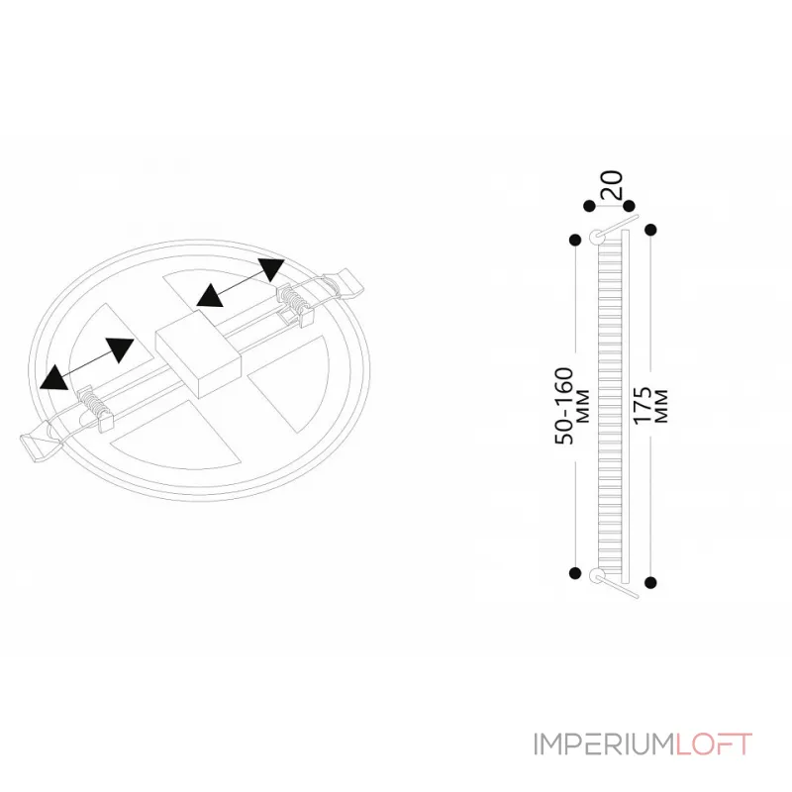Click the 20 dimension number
(612, 185)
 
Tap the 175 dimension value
(642, 406)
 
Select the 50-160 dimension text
(564, 406)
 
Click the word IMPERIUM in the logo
(604, 744)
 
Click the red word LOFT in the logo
(714, 744)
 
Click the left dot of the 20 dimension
(589, 206)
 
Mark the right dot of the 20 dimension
(629, 206)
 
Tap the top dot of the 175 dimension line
(651, 230)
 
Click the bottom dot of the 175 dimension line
(651, 582)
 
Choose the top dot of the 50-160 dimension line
(575, 240)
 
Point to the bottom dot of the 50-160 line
(575, 573)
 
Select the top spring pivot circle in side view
(597, 236)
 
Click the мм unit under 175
(660, 406)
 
